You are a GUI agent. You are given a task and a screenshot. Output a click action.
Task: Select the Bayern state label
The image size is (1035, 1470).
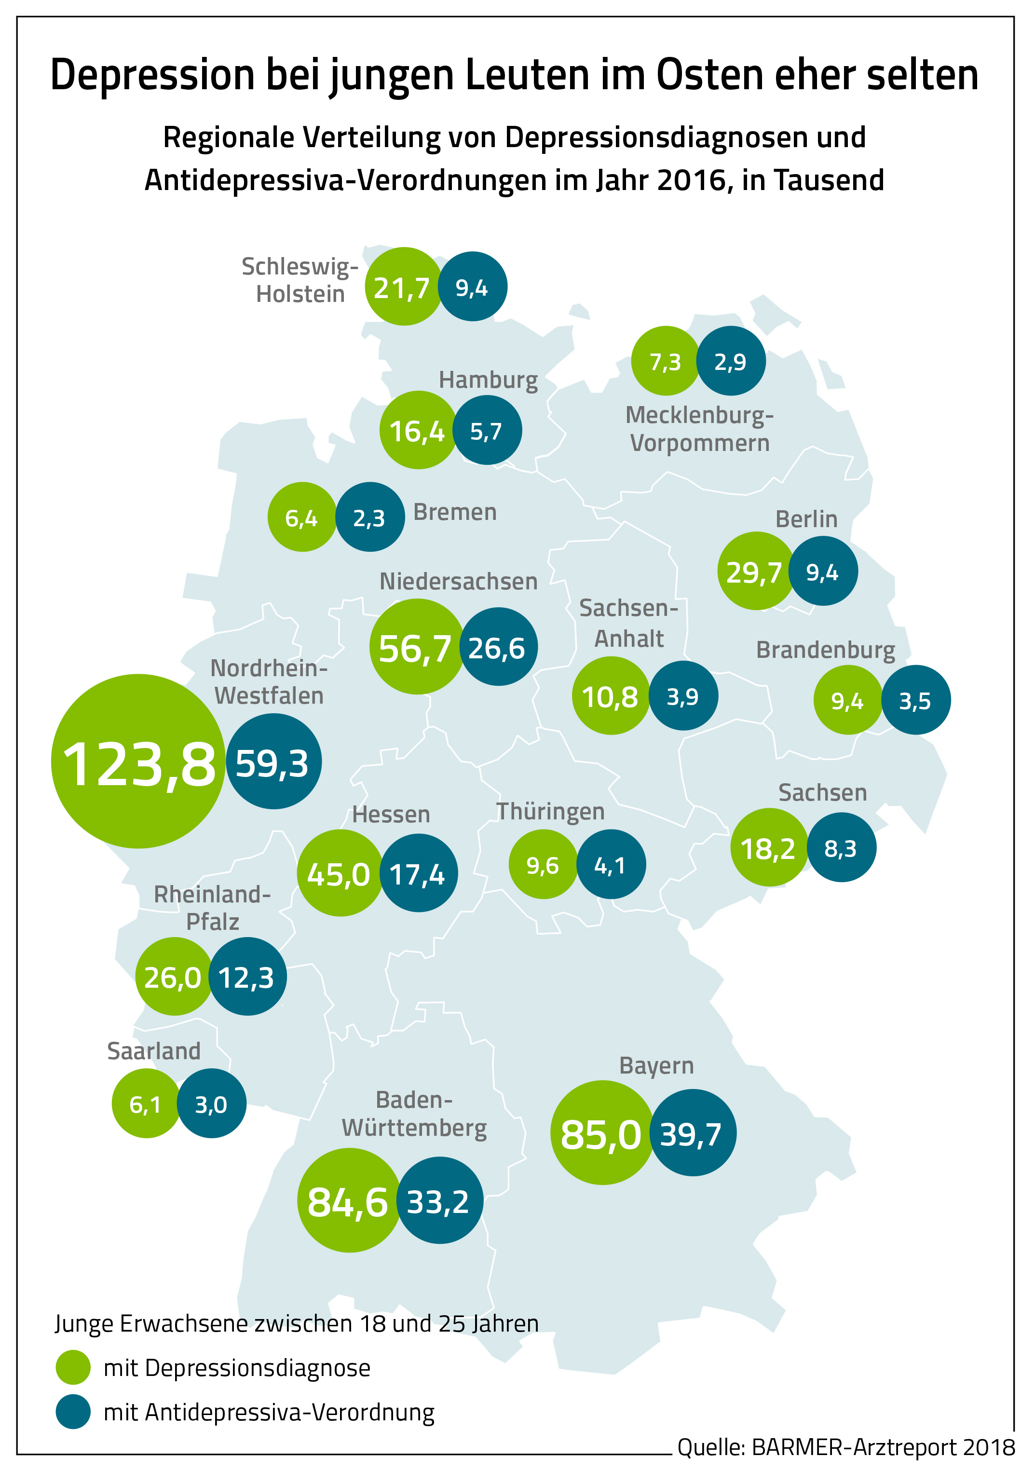(x=656, y=1065)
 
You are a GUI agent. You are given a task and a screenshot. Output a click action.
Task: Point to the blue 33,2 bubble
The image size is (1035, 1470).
(x=439, y=1201)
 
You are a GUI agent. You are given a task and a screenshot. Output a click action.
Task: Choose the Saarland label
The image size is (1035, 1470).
(x=154, y=1051)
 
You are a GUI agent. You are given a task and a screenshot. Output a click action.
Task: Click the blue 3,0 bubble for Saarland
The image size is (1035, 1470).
(x=211, y=1104)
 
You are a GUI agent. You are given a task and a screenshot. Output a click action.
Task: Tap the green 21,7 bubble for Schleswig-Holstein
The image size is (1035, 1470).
(x=403, y=287)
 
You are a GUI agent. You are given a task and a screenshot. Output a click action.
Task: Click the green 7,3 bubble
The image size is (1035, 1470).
(x=665, y=362)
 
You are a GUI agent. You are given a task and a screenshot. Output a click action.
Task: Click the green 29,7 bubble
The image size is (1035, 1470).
(x=755, y=571)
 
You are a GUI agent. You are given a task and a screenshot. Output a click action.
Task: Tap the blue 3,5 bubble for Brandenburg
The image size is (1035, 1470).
(x=915, y=700)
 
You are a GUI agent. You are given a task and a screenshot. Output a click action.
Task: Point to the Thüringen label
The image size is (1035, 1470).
(x=550, y=811)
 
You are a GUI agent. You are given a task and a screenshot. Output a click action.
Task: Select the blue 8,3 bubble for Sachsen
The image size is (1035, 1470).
(x=841, y=848)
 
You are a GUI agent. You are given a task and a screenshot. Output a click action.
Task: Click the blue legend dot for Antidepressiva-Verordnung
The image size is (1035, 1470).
(x=73, y=1412)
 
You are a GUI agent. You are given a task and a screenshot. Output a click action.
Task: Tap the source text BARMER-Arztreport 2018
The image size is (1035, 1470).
(x=883, y=1447)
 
